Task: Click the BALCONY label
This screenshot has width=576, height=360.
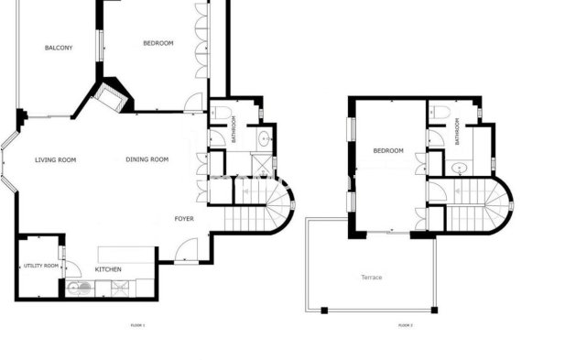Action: tap(59, 48)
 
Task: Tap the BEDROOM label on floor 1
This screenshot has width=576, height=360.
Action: tap(158, 43)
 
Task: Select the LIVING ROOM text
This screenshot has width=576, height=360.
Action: tap(55, 160)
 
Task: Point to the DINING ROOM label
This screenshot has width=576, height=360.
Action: tap(147, 160)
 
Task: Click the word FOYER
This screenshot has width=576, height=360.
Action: tap(184, 219)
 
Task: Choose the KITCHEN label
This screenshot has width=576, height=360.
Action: tap(109, 270)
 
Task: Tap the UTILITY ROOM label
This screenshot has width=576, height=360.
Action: tap(40, 266)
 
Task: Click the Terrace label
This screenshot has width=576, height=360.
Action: tap(371, 277)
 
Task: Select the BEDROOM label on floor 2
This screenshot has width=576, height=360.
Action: tap(388, 150)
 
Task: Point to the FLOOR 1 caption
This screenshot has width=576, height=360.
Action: tap(138, 325)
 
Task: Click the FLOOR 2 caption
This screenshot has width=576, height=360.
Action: tap(406, 325)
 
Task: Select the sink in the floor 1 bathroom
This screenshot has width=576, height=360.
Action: tap(265, 139)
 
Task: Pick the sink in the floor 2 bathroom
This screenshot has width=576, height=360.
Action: tap(457, 169)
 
